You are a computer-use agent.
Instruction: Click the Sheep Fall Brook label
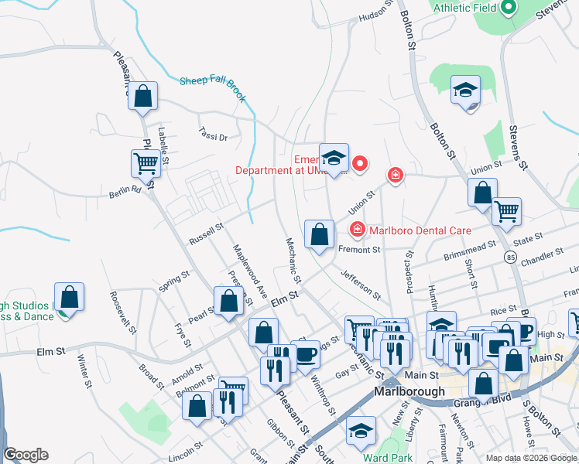[x=213, y=87]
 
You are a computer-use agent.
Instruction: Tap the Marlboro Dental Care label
[x=420, y=229]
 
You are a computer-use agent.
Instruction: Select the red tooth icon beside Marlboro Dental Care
[x=357, y=228]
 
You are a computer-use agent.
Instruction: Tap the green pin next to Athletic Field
[x=509, y=8]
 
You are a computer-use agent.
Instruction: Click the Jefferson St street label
[x=361, y=284]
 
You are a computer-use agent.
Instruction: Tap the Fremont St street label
[x=360, y=250]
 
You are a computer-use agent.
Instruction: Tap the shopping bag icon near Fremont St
[x=319, y=234]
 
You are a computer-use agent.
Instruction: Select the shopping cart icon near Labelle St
[x=146, y=163]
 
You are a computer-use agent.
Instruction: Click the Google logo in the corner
[x=26, y=455]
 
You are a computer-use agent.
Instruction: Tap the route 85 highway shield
[x=510, y=256]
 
